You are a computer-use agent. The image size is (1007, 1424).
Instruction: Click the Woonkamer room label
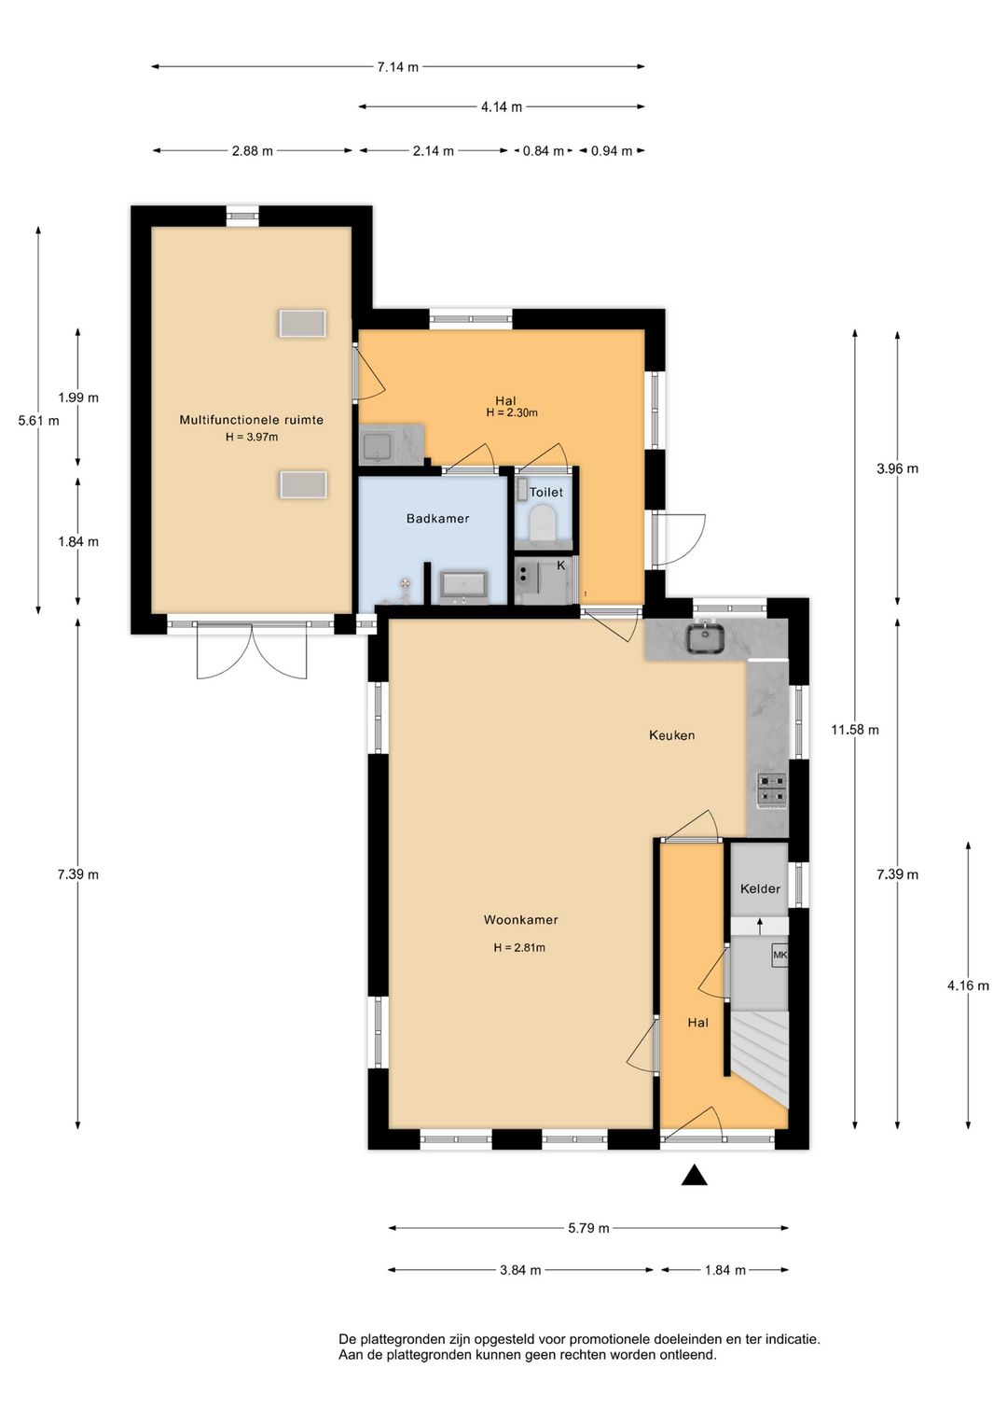point(520,920)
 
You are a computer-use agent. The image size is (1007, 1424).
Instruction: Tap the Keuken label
point(671,735)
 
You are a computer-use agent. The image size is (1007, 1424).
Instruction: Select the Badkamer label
point(437,519)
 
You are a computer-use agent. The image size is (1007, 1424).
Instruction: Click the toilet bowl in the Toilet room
point(543,524)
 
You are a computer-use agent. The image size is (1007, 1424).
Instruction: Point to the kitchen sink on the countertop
point(706,639)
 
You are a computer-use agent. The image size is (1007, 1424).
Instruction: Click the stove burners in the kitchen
point(771,790)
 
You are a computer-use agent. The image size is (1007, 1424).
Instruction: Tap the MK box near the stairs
point(779,956)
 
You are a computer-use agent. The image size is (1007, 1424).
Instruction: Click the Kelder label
point(760,889)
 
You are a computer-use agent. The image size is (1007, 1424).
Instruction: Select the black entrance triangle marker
point(694,1176)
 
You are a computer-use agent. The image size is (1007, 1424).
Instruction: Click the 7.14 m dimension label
point(397,67)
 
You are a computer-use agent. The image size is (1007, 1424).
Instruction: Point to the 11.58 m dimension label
point(854,730)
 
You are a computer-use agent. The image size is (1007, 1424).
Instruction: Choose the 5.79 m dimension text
point(588,1228)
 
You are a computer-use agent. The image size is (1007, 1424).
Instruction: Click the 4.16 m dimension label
point(968,985)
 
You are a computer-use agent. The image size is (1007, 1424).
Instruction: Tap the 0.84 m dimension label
point(543,151)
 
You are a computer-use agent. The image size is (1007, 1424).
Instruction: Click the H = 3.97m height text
point(252,437)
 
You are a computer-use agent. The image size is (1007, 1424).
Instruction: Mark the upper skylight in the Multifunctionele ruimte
point(302,324)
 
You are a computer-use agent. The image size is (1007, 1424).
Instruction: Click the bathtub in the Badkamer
point(463,585)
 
